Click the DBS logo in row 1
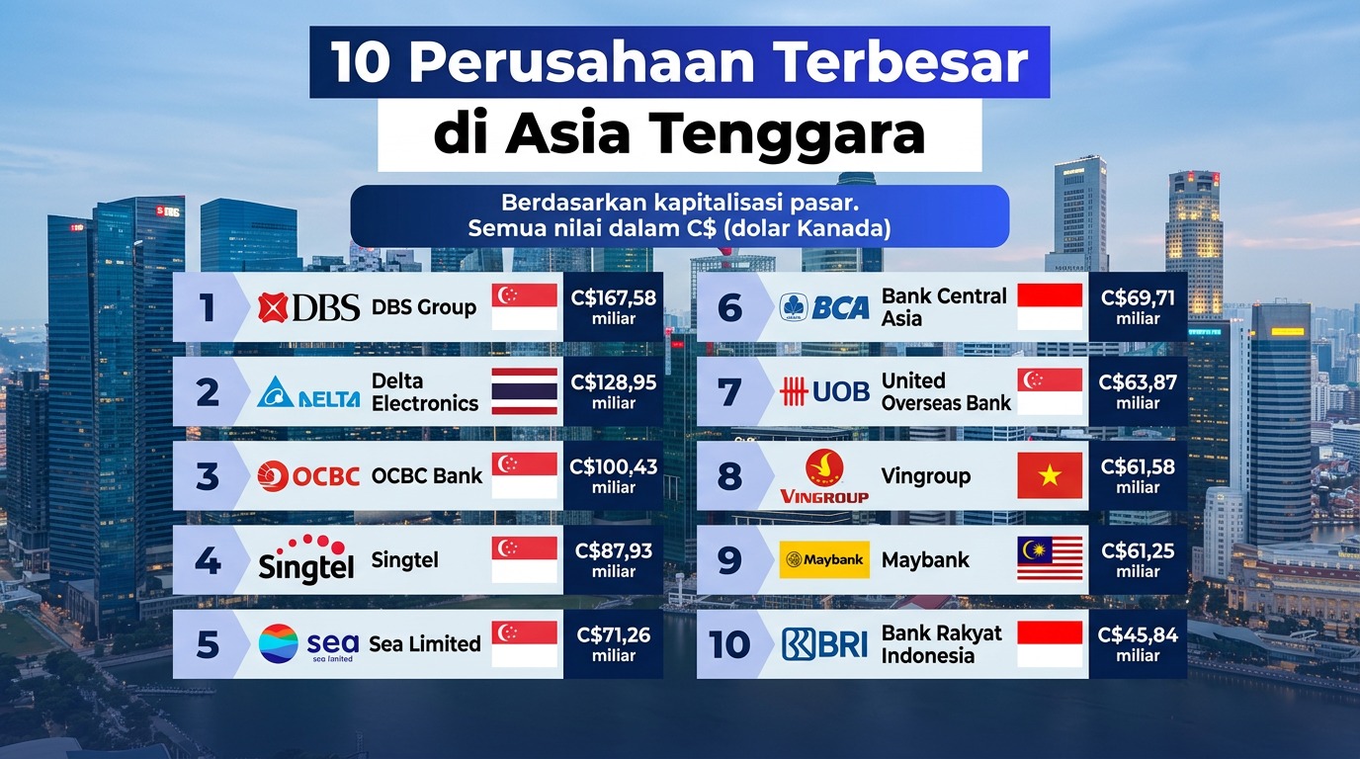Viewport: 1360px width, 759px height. point(307,308)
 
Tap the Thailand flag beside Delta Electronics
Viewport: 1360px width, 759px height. point(524,392)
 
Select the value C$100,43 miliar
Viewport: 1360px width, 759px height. point(614,476)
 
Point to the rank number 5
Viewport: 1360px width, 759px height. point(208,644)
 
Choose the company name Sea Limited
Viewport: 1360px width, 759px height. point(425,644)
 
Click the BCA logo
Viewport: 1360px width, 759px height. point(824,308)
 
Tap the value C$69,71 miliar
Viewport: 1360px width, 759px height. point(1138,307)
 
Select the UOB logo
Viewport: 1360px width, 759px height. point(824,392)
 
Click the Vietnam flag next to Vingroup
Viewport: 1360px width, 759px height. point(1050,476)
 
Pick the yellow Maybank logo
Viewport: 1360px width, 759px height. point(824,559)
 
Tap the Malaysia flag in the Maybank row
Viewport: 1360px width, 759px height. point(1050,559)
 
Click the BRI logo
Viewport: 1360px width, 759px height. point(824,644)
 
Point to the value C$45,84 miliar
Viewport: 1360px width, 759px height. point(1138,644)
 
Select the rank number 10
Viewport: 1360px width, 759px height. point(729,644)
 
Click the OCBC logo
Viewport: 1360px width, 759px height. point(307,476)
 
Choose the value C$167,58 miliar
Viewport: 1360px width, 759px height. point(614,307)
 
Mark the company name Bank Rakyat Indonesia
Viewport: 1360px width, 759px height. point(941,644)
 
